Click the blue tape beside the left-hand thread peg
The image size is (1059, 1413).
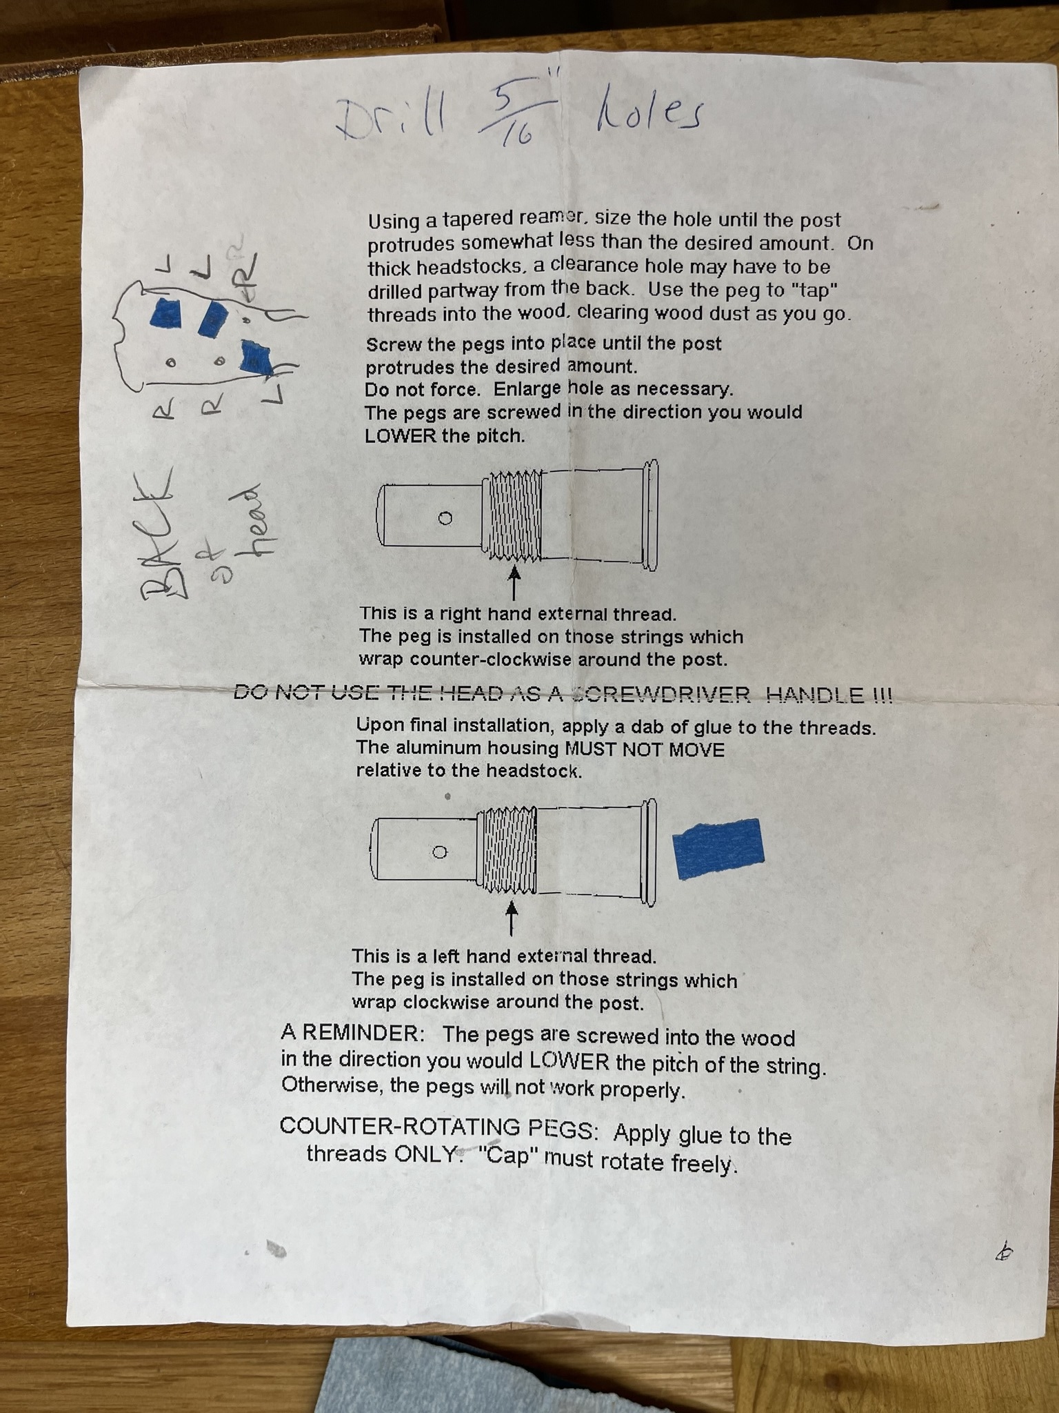(718, 849)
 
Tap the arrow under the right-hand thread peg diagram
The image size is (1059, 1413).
(514, 582)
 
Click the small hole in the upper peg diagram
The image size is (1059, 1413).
(445, 518)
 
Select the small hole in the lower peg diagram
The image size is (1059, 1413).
(439, 852)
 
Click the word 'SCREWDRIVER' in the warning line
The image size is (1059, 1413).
(662, 694)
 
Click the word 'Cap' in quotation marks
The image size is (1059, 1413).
(507, 1155)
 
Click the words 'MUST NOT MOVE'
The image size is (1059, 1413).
(644, 749)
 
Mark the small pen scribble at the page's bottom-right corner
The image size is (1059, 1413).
(1005, 1251)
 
